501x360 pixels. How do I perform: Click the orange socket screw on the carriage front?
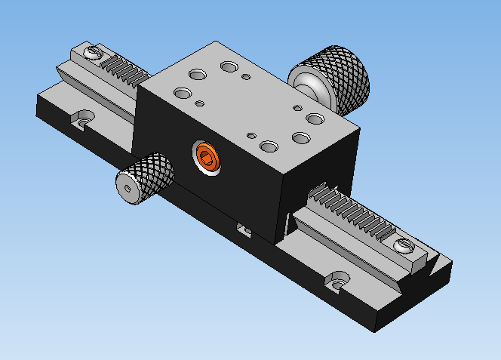pyautogui.click(x=206, y=156)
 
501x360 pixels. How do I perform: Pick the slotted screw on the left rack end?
pyautogui.click(x=94, y=53)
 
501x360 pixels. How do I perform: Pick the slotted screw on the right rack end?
pyautogui.click(x=404, y=245)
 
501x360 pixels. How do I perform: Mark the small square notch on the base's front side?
pyautogui.click(x=243, y=229)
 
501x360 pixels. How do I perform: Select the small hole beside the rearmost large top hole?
pyautogui.click(x=246, y=76)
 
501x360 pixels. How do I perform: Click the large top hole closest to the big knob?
pyautogui.click(x=315, y=118)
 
